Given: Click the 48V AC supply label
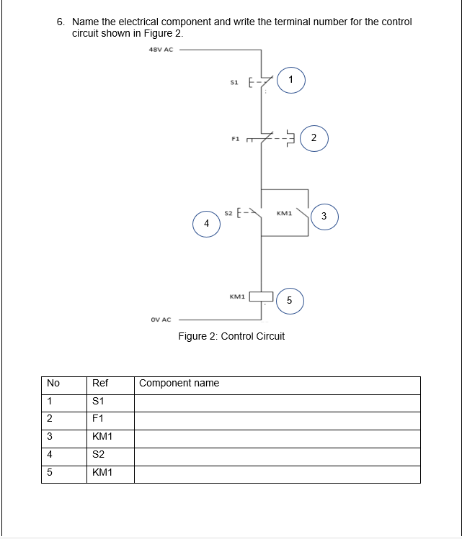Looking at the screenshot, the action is click(x=161, y=50).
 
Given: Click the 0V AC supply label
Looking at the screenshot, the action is click(x=161, y=320).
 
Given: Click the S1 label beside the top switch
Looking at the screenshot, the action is click(x=234, y=83).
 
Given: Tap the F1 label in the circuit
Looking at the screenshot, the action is click(x=236, y=139).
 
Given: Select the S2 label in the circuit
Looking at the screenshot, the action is click(x=228, y=213).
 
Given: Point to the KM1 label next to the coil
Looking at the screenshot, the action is click(x=237, y=296).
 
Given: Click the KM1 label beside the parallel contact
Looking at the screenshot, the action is click(x=284, y=213).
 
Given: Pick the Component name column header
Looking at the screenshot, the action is click(x=179, y=383).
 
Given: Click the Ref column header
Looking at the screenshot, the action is click(x=100, y=383).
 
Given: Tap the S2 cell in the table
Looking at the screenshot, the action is click(x=98, y=454).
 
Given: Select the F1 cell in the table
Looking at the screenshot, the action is click(x=98, y=418).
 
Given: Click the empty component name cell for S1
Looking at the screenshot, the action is click(x=277, y=403).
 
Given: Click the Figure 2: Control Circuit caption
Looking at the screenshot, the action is click(x=231, y=336).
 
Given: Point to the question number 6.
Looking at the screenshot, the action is click(x=61, y=22).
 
